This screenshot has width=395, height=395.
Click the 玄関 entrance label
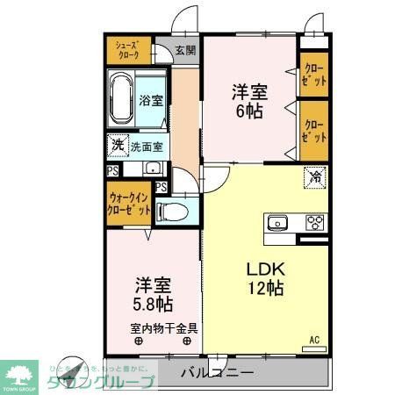pyautogui.click(x=183, y=51)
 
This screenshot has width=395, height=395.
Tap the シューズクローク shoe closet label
pyautogui.click(x=123, y=49)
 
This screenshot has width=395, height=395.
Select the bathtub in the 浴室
pyautogui.click(x=121, y=99)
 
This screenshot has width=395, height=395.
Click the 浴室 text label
pyautogui.click(x=150, y=100)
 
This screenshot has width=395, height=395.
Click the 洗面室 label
pyautogui.click(x=145, y=147)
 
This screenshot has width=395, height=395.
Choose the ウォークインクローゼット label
pyautogui.click(x=127, y=205)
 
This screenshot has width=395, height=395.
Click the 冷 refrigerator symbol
pyautogui.click(x=313, y=178)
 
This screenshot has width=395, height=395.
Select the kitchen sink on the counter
pyautogui.click(x=279, y=221)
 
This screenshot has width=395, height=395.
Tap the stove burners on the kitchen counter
pyautogui.click(x=314, y=222)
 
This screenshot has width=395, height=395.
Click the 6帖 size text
pyautogui.click(x=248, y=111)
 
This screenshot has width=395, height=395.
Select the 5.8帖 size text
pyautogui.click(x=153, y=305)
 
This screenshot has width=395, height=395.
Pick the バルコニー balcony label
pyautogui.click(x=218, y=373)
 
